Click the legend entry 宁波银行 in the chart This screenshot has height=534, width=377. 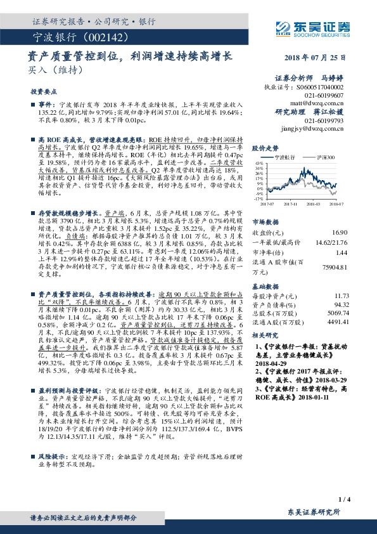(284, 156)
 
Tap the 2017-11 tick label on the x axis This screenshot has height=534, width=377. (291, 204)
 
